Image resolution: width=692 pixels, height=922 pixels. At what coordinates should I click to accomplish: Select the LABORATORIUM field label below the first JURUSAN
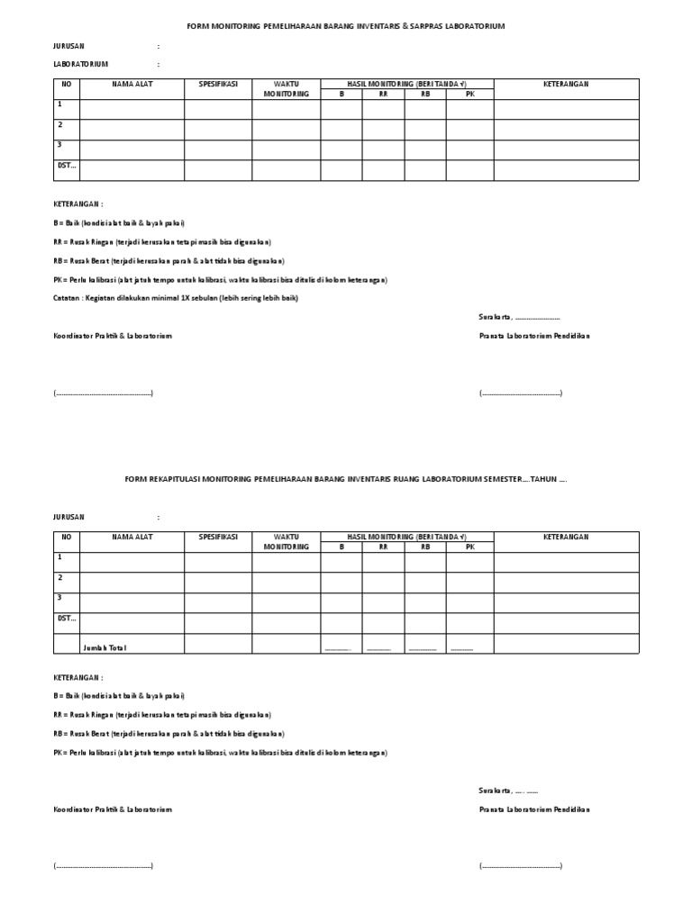point(81,65)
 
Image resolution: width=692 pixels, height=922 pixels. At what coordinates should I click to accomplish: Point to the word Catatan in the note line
point(68,298)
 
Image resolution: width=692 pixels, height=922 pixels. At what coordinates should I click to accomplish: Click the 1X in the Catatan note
point(205,298)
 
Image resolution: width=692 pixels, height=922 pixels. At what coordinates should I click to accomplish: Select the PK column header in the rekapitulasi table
point(469,547)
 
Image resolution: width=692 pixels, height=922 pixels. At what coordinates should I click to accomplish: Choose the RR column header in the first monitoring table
point(383,93)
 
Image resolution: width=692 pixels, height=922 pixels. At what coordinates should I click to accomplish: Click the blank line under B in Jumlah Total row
point(338,649)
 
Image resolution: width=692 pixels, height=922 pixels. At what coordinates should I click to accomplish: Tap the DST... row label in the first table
point(67,165)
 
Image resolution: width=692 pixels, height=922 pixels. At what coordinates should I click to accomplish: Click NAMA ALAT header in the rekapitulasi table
point(132,537)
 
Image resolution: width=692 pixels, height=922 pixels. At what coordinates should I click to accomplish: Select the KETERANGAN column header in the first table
point(566,83)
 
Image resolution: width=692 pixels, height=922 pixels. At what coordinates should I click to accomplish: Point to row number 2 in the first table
point(60,125)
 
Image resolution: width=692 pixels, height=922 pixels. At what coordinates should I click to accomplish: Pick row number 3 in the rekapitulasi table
point(60,598)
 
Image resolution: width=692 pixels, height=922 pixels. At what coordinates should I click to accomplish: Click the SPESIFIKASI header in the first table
point(218,83)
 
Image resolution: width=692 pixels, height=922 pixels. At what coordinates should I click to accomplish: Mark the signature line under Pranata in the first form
point(521,394)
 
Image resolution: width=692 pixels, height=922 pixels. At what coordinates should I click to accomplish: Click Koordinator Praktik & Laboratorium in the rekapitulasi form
point(112,809)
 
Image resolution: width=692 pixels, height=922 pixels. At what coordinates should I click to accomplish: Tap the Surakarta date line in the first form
point(519,317)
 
